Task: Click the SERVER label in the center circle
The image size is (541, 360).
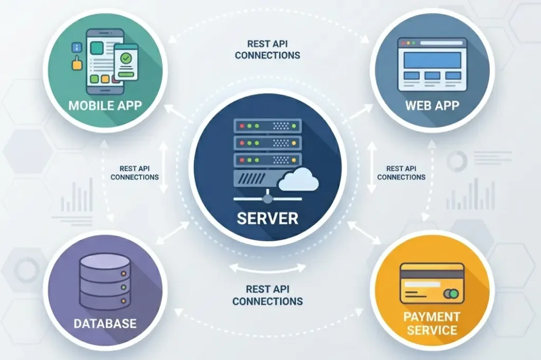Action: click(x=267, y=217)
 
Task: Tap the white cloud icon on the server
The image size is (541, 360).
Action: click(x=299, y=182)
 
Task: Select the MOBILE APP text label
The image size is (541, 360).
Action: click(x=105, y=105)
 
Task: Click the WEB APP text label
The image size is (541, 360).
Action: click(x=432, y=105)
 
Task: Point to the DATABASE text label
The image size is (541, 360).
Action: click(x=105, y=323)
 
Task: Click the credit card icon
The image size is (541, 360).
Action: click(x=432, y=283)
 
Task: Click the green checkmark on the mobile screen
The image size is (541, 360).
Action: click(x=126, y=58)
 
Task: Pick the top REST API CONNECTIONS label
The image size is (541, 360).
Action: click(x=267, y=50)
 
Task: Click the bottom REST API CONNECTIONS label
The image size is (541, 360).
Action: click(x=267, y=295)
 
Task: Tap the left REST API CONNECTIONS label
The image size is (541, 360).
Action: click(x=134, y=173)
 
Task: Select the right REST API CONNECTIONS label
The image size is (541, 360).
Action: click(x=401, y=173)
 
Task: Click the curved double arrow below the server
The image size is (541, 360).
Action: click(x=267, y=268)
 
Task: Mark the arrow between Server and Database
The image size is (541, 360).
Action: click(x=173, y=232)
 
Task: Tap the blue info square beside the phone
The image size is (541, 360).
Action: click(x=77, y=48)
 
